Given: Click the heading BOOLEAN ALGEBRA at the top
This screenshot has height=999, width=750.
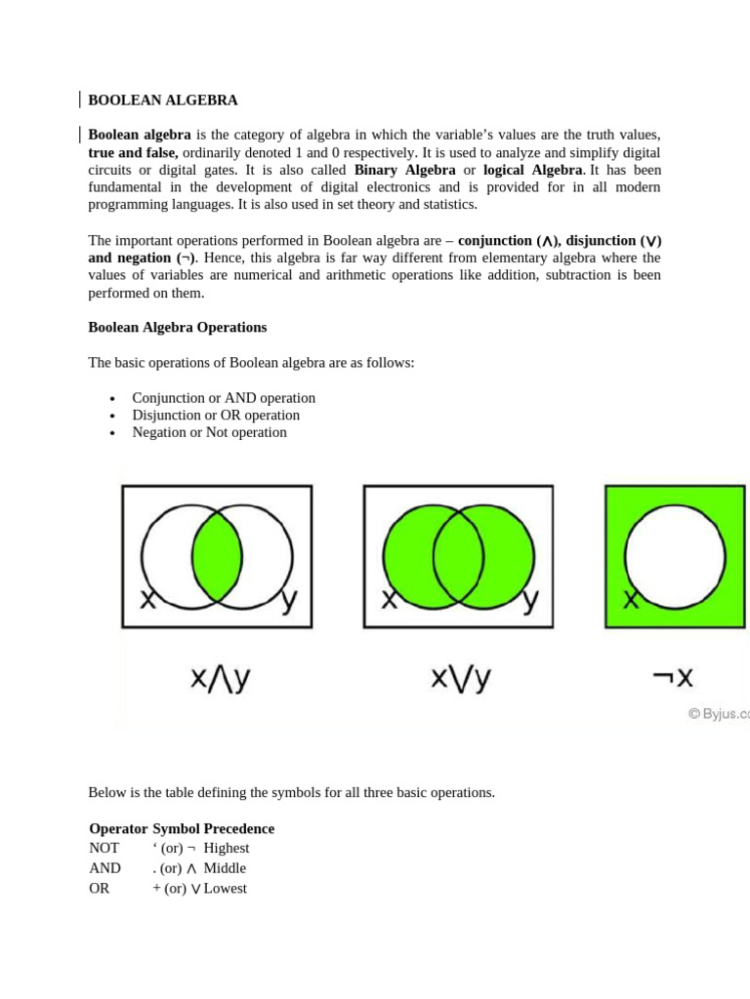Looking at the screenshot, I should coord(163,100).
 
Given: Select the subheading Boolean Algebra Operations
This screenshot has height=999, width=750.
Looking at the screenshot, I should coord(177,327).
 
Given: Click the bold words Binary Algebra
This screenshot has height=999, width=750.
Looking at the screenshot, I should coord(404,170).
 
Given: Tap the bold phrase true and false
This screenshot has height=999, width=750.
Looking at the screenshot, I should coord(133,152).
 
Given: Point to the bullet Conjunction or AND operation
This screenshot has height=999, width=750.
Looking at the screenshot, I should coord(224,398).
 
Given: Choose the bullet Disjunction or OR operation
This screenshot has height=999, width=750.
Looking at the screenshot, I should coord(216,415).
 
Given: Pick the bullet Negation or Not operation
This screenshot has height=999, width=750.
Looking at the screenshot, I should coord(209,432).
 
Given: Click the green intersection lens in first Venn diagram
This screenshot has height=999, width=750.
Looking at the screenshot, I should coord(217,556).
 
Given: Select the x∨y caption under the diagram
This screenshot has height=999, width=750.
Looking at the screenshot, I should coord(461,679).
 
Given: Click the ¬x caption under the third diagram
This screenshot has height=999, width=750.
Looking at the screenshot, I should coord(674,679).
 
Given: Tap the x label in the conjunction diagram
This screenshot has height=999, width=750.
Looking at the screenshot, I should coord(146,600).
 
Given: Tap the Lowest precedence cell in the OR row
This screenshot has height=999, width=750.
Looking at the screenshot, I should coord(225,889).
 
